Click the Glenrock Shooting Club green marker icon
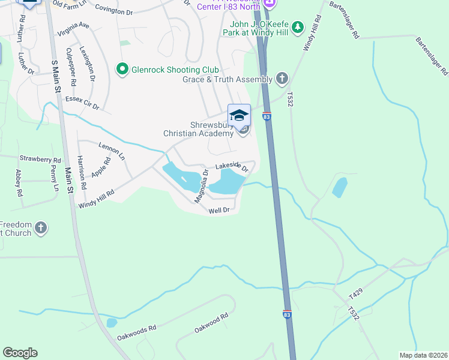click(x=122, y=70)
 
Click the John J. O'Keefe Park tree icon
click(x=298, y=28)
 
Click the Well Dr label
click(x=219, y=211)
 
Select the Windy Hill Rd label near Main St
click(x=96, y=199)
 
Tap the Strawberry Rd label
click(x=40, y=160)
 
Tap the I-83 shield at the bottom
click(x=287, y=314)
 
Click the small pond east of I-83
click(x=340, y=187)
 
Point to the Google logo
click(x=20, y=353)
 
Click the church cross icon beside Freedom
click(x=41, y=228)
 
